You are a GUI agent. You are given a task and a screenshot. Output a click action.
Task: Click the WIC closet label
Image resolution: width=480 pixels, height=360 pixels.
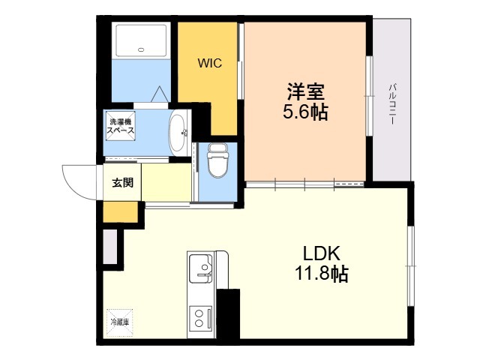(209, 64)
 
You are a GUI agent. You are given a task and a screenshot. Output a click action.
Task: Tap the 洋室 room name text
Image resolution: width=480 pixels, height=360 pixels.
(305, 93)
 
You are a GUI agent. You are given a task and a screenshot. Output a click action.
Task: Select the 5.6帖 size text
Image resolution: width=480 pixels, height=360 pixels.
(305, 113)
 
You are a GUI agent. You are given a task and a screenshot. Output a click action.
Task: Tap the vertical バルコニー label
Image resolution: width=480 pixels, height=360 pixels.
(391, 105)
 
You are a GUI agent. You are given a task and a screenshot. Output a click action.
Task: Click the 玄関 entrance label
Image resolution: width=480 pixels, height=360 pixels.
(123, 182)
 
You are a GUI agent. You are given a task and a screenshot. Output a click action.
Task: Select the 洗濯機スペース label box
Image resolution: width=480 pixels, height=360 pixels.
(121, 126)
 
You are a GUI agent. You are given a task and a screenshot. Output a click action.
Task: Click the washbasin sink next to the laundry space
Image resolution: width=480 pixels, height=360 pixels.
(178, 132)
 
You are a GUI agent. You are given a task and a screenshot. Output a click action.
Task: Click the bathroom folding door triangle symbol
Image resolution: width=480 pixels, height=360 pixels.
(160, 94)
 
